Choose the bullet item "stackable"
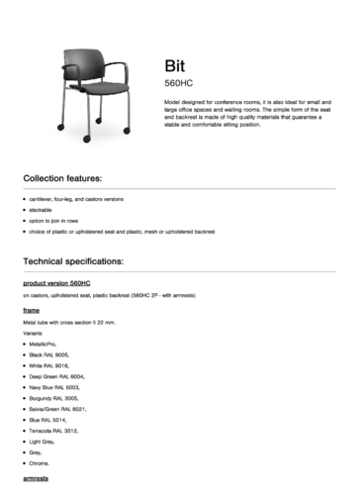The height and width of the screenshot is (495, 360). click(42, 210)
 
